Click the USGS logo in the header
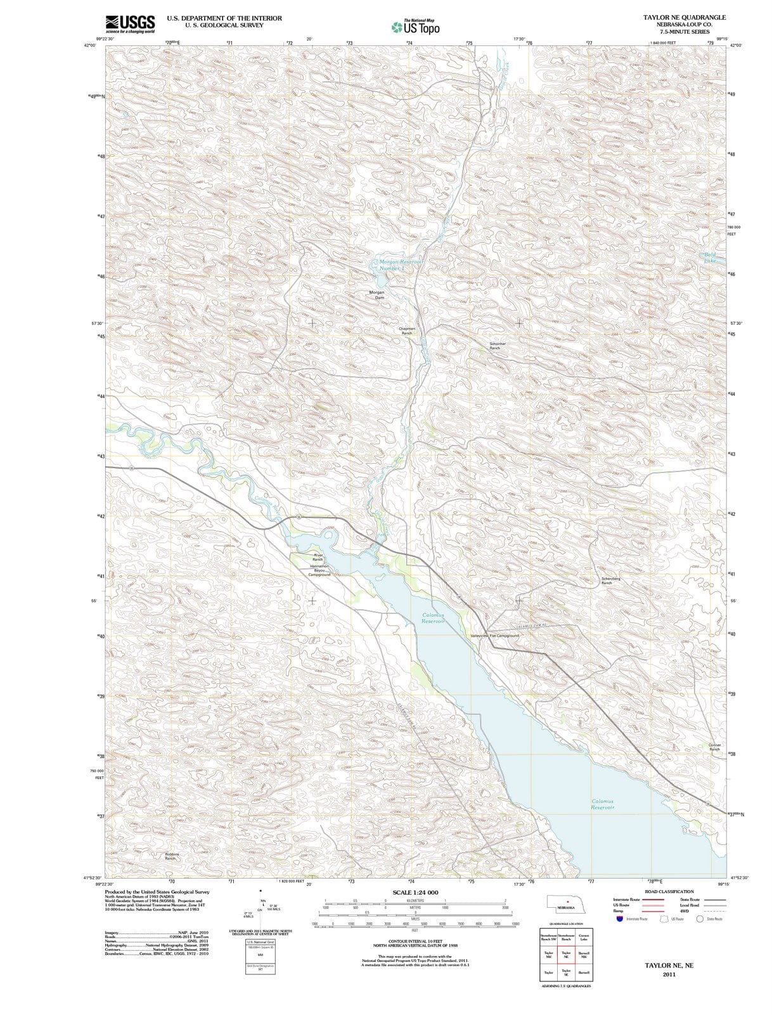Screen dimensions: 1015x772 [130, 24]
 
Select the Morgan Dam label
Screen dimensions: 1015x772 [376, 295]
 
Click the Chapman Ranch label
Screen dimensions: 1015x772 [406, 331]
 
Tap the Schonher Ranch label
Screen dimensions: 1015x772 [495, 346]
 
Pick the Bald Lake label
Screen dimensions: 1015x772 [709, 258]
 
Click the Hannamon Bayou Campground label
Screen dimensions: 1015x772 [319, 570]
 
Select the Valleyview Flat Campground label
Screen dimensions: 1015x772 [494, 636]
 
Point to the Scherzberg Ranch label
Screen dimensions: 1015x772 [610, 580]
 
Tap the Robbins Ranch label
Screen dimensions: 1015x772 [172, 856]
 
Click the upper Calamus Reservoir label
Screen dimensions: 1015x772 [434, 618]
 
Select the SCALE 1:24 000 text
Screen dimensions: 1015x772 [415, 893]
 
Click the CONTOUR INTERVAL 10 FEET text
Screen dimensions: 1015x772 [415, 941]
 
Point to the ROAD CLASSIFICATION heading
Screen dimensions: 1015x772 [671, 891]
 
